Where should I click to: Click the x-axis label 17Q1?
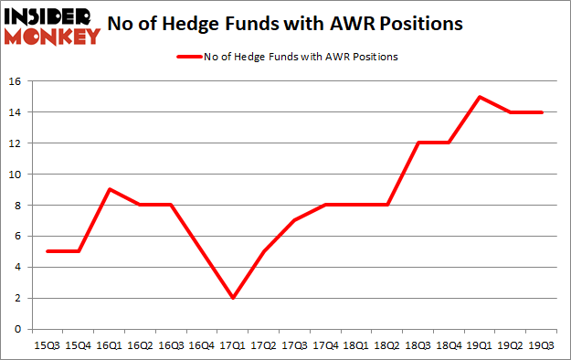pos(233,346)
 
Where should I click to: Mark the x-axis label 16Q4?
pos(202,346)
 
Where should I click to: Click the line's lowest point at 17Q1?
pos(233,298)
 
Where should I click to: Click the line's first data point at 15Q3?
pos(46,251)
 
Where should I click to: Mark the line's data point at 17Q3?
pos(295,220)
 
